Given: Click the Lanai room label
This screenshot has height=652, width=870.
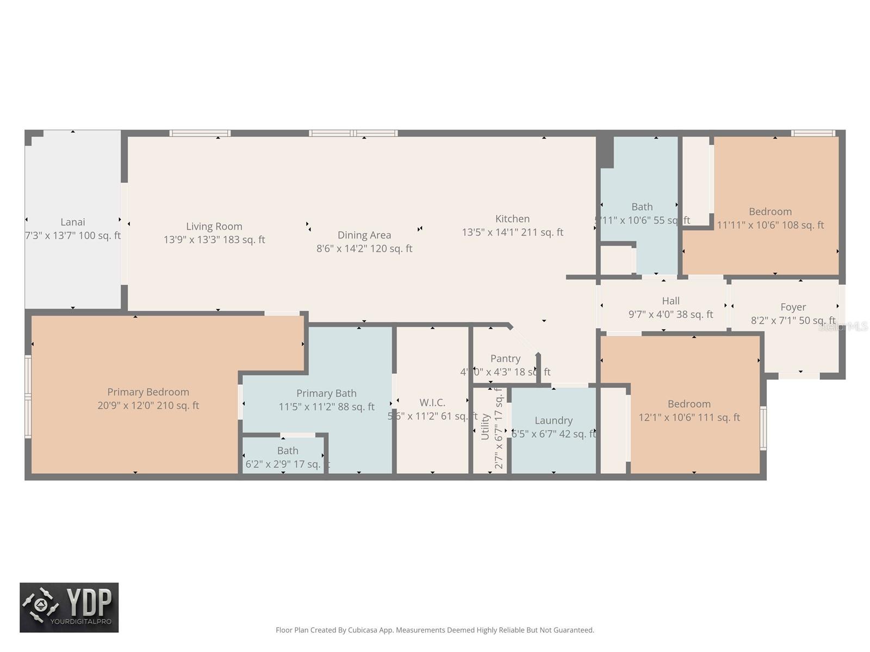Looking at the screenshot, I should point(72,222).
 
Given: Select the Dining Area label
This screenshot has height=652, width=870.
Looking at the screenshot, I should point(364,235).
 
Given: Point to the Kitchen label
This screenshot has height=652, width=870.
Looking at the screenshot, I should point(512,218).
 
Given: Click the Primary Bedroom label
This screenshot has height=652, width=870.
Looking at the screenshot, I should point(148,392).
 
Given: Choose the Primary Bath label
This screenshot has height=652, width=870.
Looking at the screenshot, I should point(326,393).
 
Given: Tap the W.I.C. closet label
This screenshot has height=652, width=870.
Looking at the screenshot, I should point(432,403).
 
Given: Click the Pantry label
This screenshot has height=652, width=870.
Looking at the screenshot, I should point(505,359).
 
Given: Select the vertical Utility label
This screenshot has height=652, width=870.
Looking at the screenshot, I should point(486,427).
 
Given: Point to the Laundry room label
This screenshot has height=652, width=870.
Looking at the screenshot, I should point(553,421).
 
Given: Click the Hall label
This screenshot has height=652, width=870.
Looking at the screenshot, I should point(670,301).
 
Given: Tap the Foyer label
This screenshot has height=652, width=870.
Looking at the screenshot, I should point(793,308).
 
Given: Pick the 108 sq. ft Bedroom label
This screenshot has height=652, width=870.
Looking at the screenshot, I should point(770,212).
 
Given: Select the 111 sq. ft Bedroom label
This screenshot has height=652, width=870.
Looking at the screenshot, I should point(689,404).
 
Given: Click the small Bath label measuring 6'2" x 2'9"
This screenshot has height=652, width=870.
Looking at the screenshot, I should point(288,450).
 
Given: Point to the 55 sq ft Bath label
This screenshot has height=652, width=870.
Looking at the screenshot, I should point(642,207).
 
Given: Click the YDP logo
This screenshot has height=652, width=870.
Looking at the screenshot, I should point(69,607).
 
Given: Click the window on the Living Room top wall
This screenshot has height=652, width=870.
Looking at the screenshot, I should point(200,133).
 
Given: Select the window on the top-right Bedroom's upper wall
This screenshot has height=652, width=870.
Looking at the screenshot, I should point(812,133).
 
